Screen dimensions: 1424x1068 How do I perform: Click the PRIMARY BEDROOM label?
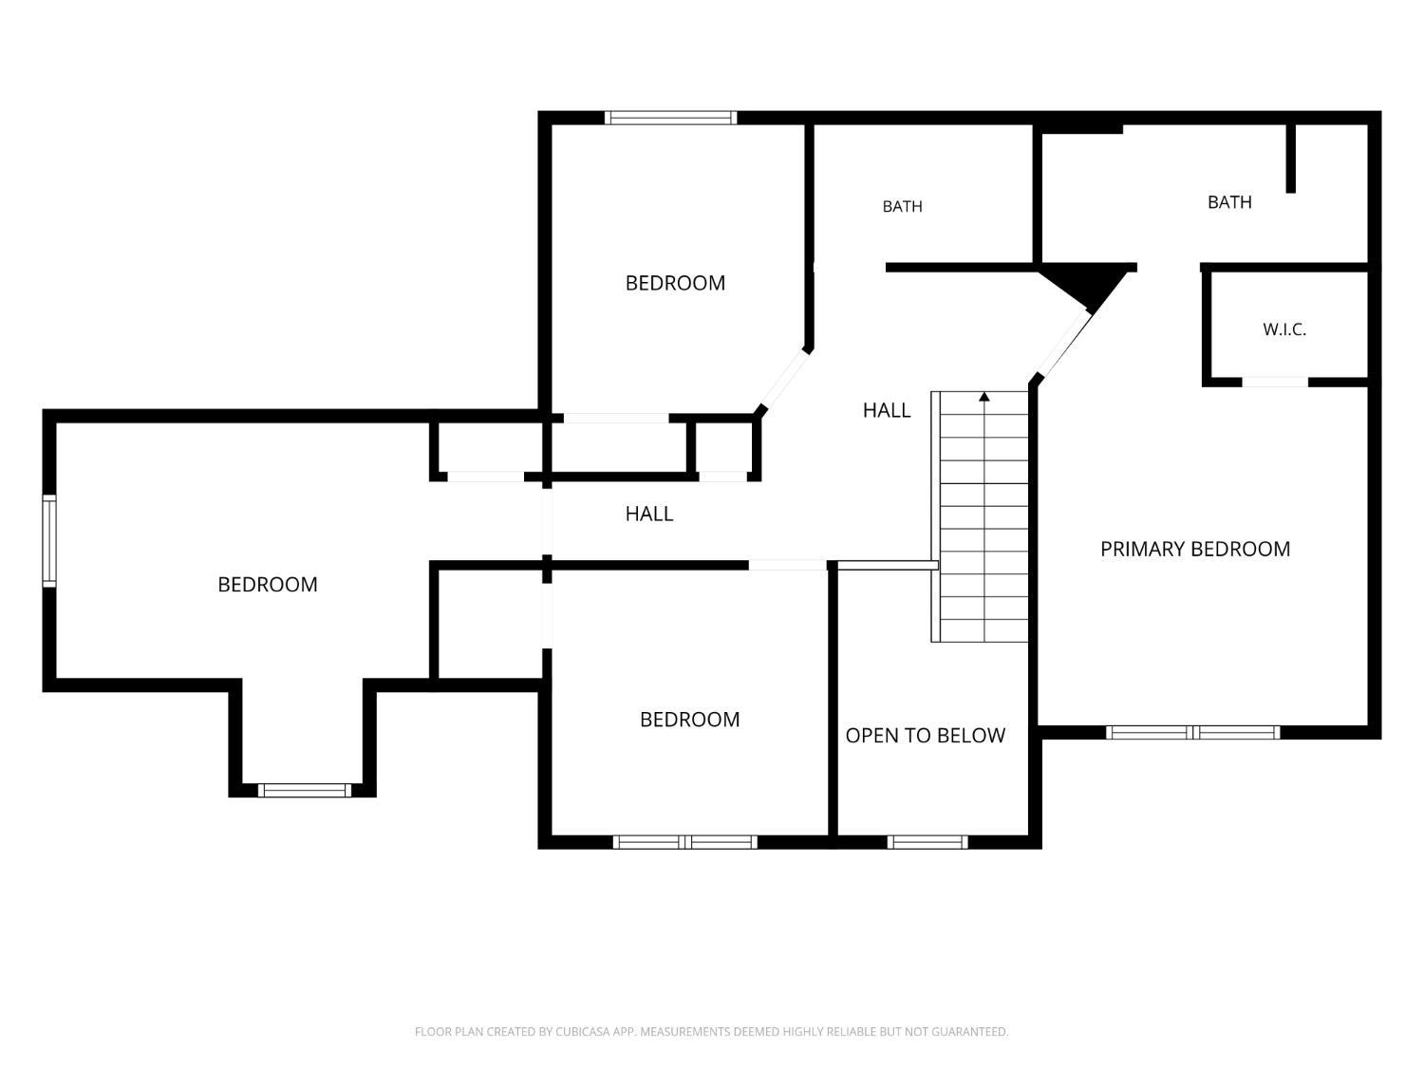point(1195,550)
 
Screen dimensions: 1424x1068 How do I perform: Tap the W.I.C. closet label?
point(1283,329)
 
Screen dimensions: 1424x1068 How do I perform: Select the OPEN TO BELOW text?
point(925,736)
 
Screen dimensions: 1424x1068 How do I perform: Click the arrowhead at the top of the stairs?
point(984,396)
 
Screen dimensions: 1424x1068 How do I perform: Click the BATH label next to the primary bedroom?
point(1229,202)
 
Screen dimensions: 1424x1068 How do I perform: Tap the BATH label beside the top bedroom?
point(902,206)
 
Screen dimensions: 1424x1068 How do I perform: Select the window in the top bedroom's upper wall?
point(671,118)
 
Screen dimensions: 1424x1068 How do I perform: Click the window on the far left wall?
point(49,541)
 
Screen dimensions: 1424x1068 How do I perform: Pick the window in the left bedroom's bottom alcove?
point(305,790)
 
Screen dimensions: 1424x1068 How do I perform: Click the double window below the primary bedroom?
point(1192,732)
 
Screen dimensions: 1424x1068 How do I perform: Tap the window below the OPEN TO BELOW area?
point(927,842)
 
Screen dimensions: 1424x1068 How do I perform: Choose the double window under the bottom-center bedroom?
point(685,842)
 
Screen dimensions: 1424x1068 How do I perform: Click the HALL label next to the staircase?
point(886,410)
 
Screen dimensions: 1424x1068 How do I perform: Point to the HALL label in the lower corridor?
point(648,515)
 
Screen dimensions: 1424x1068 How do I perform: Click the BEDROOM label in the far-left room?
point(268,585)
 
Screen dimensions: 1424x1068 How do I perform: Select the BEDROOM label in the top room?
point(675,283)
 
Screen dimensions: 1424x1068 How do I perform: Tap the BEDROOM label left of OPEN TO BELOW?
point(689,720)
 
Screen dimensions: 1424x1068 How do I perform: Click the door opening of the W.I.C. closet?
point(1275,382)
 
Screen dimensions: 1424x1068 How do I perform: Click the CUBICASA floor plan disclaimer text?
point(712,1031)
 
